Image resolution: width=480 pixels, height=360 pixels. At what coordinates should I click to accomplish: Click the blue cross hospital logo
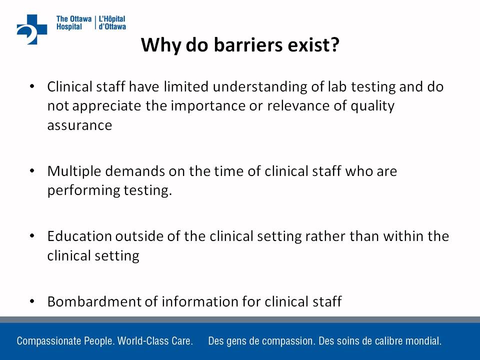[x=32, y=29]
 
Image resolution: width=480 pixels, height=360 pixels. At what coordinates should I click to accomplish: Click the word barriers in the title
[x=248, y=44]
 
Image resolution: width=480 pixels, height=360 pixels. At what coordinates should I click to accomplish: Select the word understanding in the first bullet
[x=260, y=87]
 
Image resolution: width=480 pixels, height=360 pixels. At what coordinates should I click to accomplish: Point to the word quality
[x=372, y=106]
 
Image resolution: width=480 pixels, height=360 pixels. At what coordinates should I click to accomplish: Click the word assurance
[x=79, y=125]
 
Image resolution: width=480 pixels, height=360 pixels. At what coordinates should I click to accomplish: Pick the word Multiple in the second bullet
[x=74, y=171]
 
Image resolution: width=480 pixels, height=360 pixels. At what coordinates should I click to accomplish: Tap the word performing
[x=83, y=190]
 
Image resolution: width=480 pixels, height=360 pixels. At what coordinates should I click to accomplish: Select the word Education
[x=79, y=236]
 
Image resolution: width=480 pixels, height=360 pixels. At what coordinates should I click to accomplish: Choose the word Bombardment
[x=94, y=301]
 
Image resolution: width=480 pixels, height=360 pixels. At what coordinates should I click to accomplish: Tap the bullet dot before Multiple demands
[x=32, y=171]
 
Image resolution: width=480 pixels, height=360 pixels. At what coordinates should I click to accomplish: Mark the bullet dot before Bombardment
[x=32, y=301]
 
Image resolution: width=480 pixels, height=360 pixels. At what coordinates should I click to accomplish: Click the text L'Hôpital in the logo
[x=111, y=19]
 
